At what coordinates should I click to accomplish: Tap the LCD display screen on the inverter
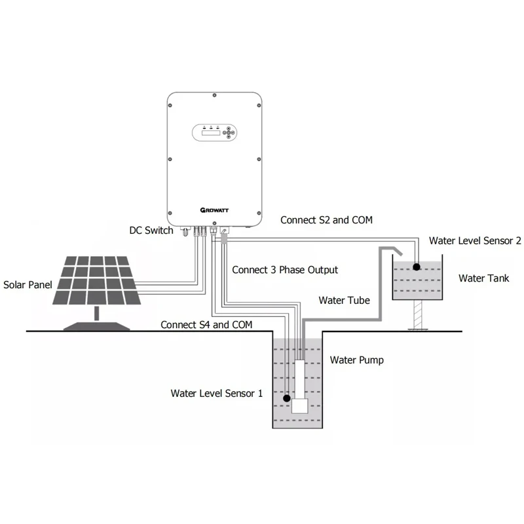point(210,133)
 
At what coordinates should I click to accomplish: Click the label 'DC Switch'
point(151,231)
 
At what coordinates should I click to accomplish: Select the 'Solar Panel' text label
point(28,285)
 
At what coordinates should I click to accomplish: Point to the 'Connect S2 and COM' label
point(326,220)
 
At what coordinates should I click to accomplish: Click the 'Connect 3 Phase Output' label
point(285,270)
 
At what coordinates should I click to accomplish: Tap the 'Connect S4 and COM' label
point(206,324)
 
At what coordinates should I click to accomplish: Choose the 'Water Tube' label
point(344,301)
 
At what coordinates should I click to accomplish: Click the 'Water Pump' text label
point(356,360)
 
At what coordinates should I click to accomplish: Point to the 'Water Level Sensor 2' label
point(475,241)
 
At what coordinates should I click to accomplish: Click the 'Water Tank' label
point(483,278)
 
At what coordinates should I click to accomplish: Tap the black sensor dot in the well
point(286,398)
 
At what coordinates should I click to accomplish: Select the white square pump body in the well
point(300,404)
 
